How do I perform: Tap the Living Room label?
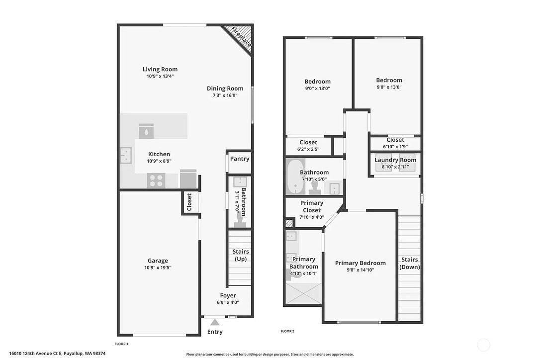[x=160, y=69]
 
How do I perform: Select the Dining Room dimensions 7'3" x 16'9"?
[x=225, y=95]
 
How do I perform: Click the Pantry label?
[x=239, y=159]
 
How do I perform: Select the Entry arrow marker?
[x=215, y=322]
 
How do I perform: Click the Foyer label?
[x=228, y=295]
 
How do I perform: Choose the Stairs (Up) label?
[x=241, y=255]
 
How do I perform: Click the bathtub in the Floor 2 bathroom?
[x=295, y=177]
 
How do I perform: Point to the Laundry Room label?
[x=395, y=160]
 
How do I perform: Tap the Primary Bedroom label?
[x=360, y=263]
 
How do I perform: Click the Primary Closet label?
[x=312, y=206]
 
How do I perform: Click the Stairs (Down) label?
[x=410, y=263]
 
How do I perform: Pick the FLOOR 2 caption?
[x=287, y=331]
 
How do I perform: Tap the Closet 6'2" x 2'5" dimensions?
[x=308, y=149]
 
